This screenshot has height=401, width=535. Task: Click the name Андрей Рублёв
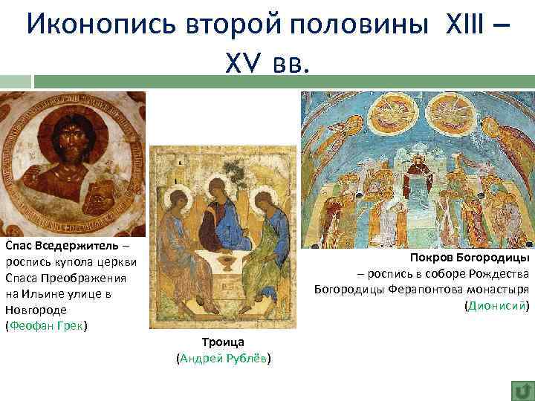click(224, 359)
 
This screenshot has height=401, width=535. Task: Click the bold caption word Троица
click(223, 342)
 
